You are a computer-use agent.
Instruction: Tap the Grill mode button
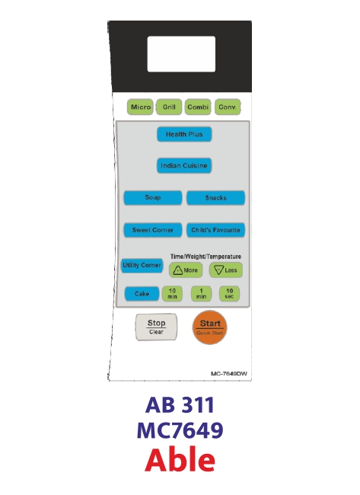coord(169,107)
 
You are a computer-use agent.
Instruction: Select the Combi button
coord(198,107)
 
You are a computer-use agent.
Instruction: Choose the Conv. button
coord(228,107)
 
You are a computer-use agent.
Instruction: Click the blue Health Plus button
coord(184,135)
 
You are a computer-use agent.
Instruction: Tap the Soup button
coord(153,198)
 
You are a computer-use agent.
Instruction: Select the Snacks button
coord(216,198)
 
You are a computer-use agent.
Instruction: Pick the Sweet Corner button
coord(153,230)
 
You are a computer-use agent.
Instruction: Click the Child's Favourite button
coord(216,230)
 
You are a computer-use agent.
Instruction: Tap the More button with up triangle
coord(186,270)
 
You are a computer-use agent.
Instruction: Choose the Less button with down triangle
coord(226,270)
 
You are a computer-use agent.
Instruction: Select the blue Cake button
coord(142,294)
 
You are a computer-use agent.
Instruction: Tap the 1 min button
coord(201,294)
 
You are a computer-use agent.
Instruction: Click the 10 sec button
coord(229,294)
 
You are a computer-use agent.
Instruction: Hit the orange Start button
coord(210,327)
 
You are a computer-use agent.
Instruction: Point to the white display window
coord(181,54)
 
